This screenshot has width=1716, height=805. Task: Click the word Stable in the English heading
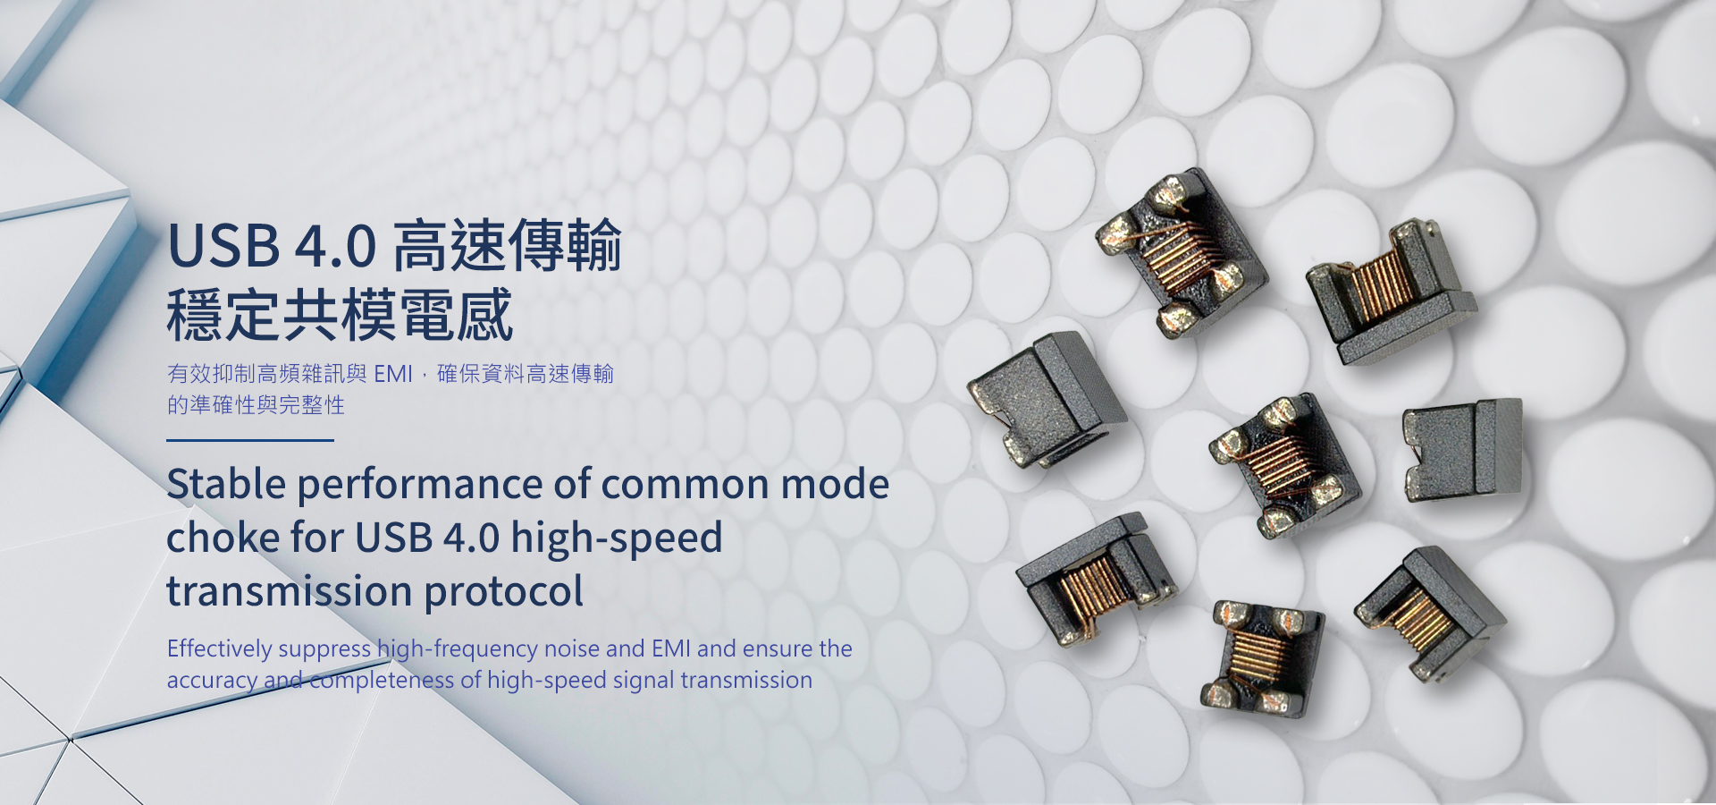226,484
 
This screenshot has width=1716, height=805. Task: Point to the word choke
223,538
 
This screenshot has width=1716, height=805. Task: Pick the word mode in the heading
835,484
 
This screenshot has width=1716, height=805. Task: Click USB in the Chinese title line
223,246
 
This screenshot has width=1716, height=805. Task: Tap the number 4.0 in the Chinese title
335,247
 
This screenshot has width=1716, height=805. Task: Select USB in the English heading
394,538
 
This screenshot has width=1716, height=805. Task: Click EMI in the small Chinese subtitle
393,374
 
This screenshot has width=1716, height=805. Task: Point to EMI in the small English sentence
670,648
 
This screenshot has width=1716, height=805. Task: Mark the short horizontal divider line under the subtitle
250,440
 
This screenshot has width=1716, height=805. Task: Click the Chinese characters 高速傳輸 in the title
507,246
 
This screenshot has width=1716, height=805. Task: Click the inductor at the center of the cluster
1284,465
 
